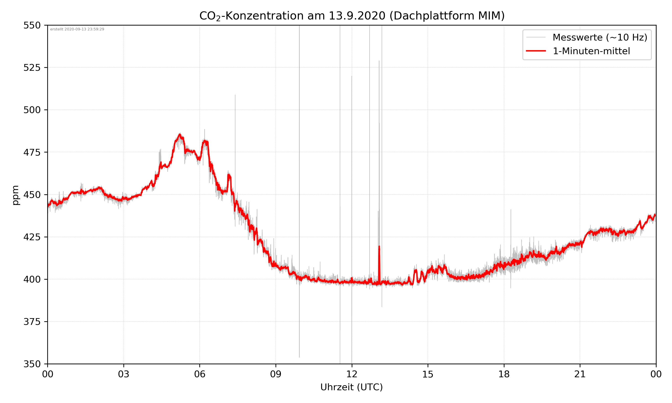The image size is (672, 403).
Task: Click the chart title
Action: [x=352, y=16]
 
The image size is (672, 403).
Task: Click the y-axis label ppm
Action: [x=15, y=195]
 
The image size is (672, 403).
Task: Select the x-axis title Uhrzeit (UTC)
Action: [x=351, y=387]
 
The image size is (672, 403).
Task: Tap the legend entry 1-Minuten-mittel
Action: [x=591, y=51]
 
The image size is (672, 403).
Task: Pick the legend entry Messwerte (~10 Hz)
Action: [x=600, y=37]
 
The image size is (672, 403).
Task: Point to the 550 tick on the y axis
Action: [x=32, y=25]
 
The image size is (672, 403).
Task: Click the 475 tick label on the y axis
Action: [x=32, y=152]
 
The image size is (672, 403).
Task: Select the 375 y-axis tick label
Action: [x=32, y=322]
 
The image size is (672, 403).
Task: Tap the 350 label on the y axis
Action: [x=32, y=364]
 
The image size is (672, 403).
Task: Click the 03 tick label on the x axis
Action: [x=124, y=374]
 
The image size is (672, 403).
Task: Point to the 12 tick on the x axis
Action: [x=352, y=374]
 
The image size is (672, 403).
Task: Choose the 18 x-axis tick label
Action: [x=504, y=374]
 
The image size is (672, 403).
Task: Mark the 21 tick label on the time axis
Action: [x=580, y=374]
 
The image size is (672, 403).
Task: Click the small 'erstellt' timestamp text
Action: [x=77, y=29]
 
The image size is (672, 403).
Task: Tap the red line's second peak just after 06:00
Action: [x=206, y=141]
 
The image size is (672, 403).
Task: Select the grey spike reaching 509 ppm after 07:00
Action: [x=235, y=96]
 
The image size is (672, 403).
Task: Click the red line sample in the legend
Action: [x=536, y=51]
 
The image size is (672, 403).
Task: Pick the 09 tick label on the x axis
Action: [x=276, y=374]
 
